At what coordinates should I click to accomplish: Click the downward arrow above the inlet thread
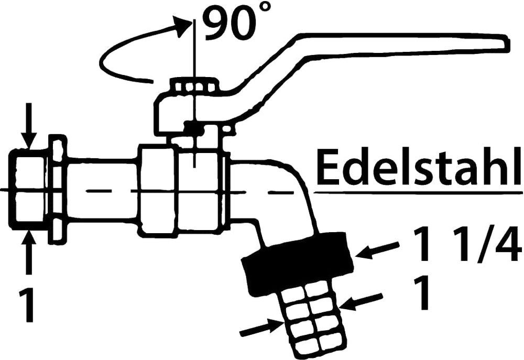(x=29, y=125)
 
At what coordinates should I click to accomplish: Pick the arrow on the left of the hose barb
(x=262, y=329)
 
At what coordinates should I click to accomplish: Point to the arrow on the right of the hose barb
(x=362, y=301)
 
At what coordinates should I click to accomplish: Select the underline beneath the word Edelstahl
(x=418, y=192)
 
